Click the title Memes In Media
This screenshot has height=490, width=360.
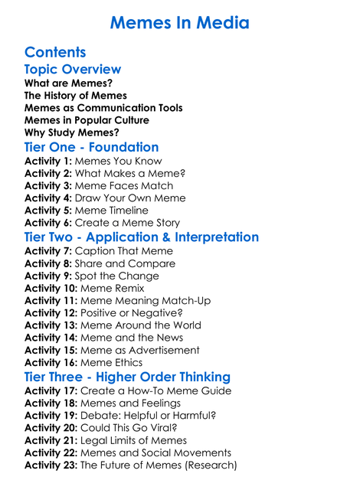pos(179,22)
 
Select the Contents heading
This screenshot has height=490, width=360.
pos(55,52)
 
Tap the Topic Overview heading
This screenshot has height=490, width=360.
pos(73,70)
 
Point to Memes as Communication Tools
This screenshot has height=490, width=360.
pos(103,108)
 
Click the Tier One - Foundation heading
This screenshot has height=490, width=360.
pos(91,147)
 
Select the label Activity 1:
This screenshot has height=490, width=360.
pos(48,162)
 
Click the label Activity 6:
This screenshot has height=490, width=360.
pos(48,223)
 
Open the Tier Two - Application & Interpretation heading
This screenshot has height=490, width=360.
pos(142,237)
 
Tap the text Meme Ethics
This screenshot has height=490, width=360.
pos(112,362)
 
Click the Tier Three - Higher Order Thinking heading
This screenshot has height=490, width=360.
pos(127,377)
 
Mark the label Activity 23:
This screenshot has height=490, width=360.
pos(51,465)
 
